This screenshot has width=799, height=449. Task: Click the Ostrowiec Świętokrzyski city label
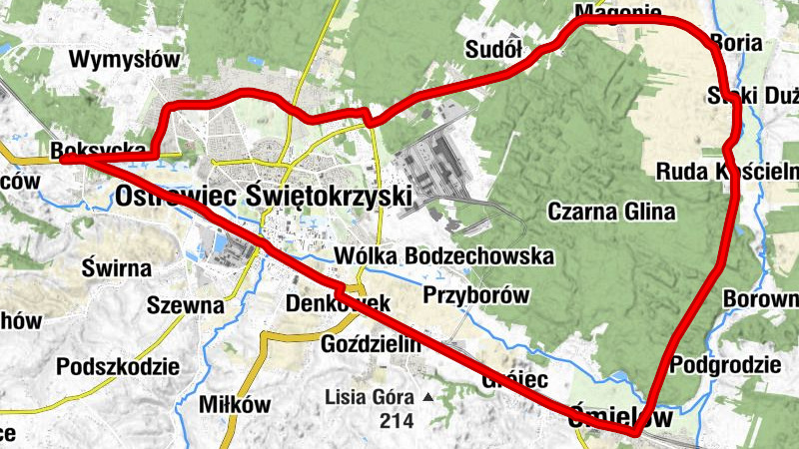263,195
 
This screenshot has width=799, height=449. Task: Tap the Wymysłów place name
125,59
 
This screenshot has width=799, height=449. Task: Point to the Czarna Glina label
611,212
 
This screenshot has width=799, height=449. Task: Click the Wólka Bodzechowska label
444,255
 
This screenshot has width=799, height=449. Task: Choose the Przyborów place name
475,295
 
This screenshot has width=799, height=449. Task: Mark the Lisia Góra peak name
371,397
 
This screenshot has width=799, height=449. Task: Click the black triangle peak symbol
428,397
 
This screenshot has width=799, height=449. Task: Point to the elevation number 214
397,421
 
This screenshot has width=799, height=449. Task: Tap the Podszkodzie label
118,365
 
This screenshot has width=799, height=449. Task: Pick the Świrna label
117,267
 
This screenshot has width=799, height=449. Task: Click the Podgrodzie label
725,364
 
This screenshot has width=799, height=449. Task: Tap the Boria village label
736,44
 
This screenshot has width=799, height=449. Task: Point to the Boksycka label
90,150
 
